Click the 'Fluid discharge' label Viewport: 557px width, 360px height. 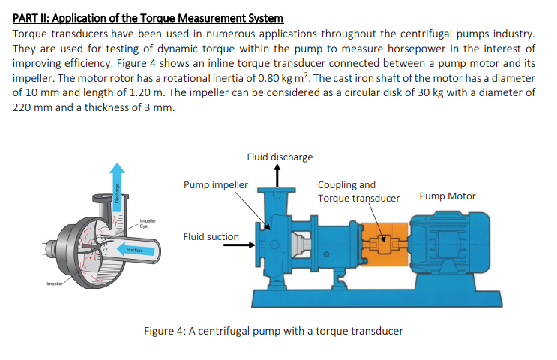(280, 157)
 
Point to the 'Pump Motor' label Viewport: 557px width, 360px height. (448, 196)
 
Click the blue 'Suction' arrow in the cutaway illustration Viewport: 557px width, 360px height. (133, 249)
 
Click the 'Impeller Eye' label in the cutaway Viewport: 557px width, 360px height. (147, 223)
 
